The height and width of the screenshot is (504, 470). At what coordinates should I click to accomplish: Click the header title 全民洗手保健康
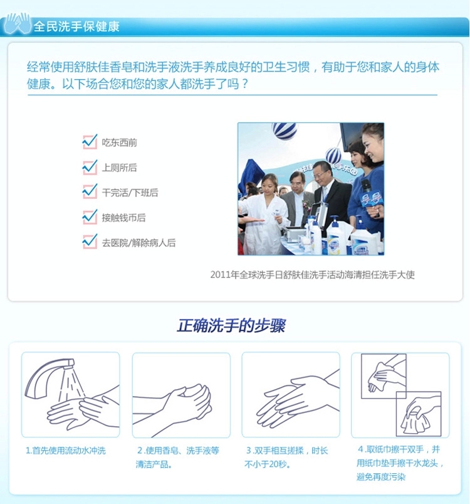pyautogui.click(x=76, y=26)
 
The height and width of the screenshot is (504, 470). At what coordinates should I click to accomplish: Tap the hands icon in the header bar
pyautogui.click(x=17, y=23)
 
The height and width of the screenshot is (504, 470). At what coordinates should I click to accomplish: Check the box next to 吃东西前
pyautogui.click(x=90, y=142)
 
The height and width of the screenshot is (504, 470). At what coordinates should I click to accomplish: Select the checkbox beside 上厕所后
pyautogui.click(x=90, y=167)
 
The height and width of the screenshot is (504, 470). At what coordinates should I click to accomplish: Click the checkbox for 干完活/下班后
pyautogui.click(x=90, y=191)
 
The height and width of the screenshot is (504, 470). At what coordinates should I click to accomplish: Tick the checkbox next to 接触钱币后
pyautogui.click(x=90, y=217)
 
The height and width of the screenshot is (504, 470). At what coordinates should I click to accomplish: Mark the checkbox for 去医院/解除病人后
pyautogui.click(x=90, y=242)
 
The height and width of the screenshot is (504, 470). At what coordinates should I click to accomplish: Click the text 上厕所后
pyautogui.click(x=119, y=168)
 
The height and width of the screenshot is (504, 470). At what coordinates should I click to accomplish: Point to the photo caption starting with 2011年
pyautogui.click(x=313, y=275)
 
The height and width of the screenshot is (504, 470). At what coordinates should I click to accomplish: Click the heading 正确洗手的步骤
pyautogui.click(x=231, y=326)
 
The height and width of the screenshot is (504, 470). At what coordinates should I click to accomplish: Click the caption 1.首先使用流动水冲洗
pyautogui.click(x=66, y=451)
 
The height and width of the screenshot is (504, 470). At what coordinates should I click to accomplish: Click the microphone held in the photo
pyautogui.click(x=367, y=190)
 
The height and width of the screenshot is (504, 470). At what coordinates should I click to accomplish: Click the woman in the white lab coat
pyautogui.click(x=264, y=215)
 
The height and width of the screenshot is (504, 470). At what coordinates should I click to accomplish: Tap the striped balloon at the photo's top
pyautogui.click(x=284, y=130)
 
